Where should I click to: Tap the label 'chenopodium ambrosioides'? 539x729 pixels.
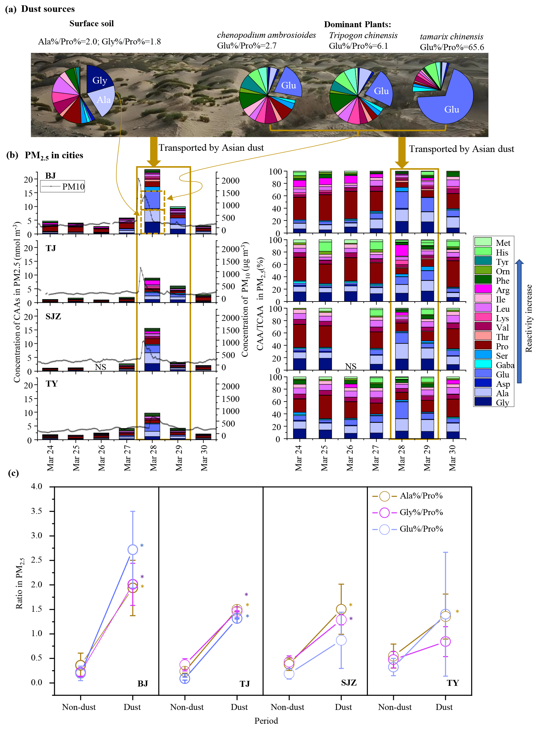pos(266,35)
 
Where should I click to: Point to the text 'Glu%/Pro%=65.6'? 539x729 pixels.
pos(452,47)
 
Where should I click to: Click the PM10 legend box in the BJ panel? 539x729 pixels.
pos(62,186)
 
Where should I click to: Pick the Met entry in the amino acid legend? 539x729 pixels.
pos(493,243)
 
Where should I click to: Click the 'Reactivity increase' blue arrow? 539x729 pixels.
pos(519,321)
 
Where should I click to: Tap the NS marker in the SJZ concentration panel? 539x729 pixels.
pos(100,367)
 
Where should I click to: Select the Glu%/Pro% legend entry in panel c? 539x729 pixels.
pos(408,529)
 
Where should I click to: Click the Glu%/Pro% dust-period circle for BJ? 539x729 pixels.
pos(132,549)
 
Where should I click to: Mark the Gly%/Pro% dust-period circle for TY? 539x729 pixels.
pos(445,641)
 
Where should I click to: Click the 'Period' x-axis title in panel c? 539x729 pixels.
pos(266,721)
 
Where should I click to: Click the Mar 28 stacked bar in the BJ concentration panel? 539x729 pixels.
pos(152,202)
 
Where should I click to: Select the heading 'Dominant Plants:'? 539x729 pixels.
pos(357,24)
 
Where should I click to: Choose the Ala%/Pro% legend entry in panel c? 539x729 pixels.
pos(408,496)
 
